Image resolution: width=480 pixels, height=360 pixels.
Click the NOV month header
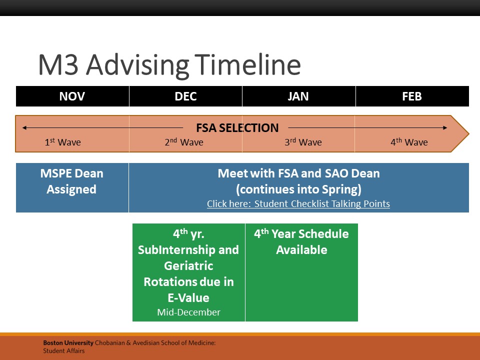pyautogui.click(x=72, y=96)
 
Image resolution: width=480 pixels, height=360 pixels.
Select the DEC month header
pyautogui.click(x=185, y=96)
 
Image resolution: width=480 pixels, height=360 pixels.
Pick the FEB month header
pyautogui.click(x=412, y=96)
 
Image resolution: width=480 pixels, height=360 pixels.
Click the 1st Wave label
pyautogui.click(x=63, y=142)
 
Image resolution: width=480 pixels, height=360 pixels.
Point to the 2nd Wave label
pyautogui.click(x=184, y=142)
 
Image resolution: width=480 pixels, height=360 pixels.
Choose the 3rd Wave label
pyautogui.click(x=303, y=142)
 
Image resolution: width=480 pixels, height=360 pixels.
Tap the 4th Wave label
pyautogui.click(x=409, y=142)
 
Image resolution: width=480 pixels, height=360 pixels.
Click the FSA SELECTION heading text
pyautogui.click(x=237, y=127)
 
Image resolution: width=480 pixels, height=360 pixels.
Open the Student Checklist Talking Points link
pyautogui.click(x=298, y=203)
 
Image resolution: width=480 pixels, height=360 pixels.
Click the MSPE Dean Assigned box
pyautogui.click(x=72, y=187)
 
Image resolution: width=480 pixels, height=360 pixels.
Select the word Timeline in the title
pyautogui.click(x=247, y=65)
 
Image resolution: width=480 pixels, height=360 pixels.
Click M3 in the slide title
pyautogui.click(x=58, y=65)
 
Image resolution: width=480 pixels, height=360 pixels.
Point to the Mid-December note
pyautogui.click(x=188, y=312)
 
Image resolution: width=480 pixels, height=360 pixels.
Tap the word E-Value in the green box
pyautogui.click(x=188, y=297)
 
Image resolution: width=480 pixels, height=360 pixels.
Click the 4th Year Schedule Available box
pyautogui.click(x=301, y=272)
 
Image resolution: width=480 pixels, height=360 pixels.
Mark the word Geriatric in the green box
pyautogui.click(x=188, y=265)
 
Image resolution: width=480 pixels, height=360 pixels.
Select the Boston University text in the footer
pyautogui.click(x=68, y=343)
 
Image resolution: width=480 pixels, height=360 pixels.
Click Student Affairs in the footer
pyautogui.click(x=63, y=351)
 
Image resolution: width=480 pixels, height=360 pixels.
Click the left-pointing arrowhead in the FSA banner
pyautogui.click(x=24, y=127)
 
